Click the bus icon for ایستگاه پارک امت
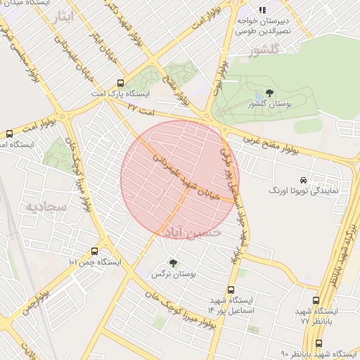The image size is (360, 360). [121, 82]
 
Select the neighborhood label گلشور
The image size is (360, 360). [264, 49]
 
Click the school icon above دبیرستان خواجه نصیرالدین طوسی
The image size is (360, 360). [262, 10]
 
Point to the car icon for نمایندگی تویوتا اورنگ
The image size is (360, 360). [304, 180]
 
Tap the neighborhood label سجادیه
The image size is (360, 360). [46, 207]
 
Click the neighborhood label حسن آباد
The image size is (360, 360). [193, 231]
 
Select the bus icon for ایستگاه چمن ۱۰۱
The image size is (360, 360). [94, 251]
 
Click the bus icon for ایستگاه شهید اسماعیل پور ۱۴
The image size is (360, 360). [231, 290]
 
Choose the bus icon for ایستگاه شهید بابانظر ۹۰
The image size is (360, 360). [319, 343]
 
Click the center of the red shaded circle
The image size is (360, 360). [180, 179]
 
